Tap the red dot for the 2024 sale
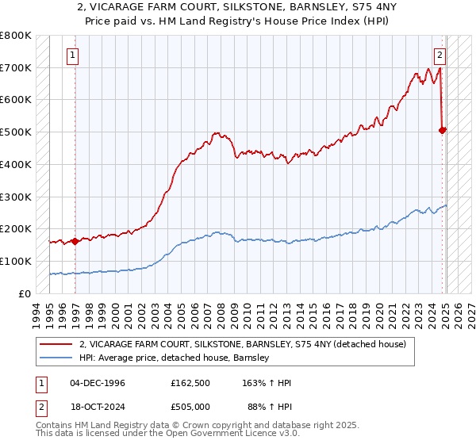point(443,130)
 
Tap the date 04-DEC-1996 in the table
point(98,383)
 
